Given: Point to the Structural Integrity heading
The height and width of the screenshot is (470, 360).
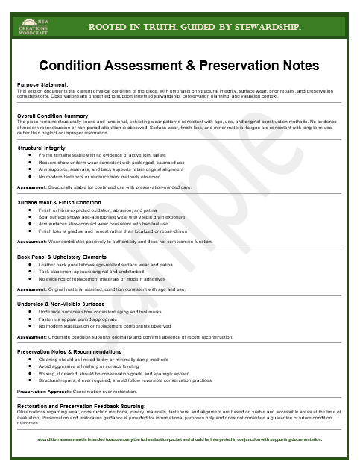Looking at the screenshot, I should [48, 148].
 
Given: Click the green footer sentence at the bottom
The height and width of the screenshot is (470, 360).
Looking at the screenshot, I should [180, 440].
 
